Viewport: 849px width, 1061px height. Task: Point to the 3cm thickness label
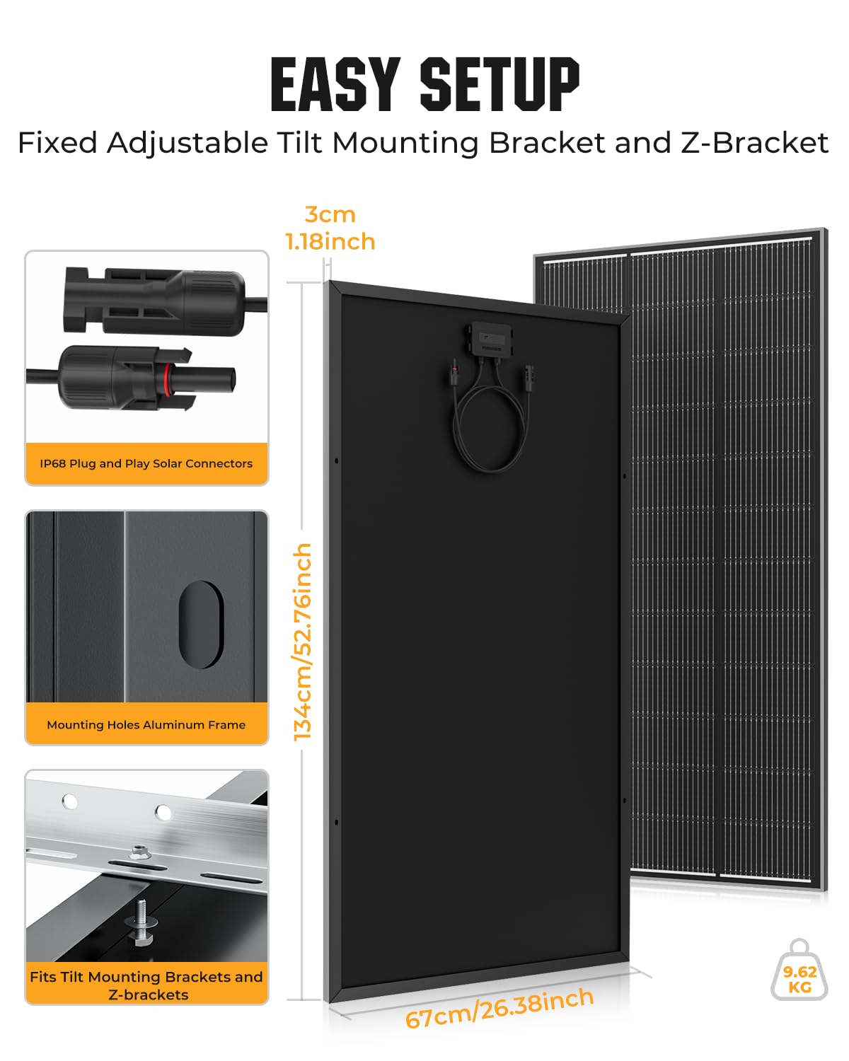point(330,214)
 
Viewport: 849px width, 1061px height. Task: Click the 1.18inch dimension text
point(330,242)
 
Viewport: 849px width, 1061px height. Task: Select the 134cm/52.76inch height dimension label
point(302,642)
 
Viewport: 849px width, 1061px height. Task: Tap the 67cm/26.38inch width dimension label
point(499,1008)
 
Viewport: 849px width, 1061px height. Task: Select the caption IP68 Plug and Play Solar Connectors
point(146,463)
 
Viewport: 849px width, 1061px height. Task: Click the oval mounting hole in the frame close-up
point(201,624)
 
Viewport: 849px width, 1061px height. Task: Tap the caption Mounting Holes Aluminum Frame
point(146,725)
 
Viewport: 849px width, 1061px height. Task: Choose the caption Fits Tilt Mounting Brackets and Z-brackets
point(146,985)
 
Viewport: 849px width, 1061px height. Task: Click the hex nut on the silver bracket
point(140,852)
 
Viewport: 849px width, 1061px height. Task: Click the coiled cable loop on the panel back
point(490,424)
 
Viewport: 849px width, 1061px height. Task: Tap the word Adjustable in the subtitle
point(187,144)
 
